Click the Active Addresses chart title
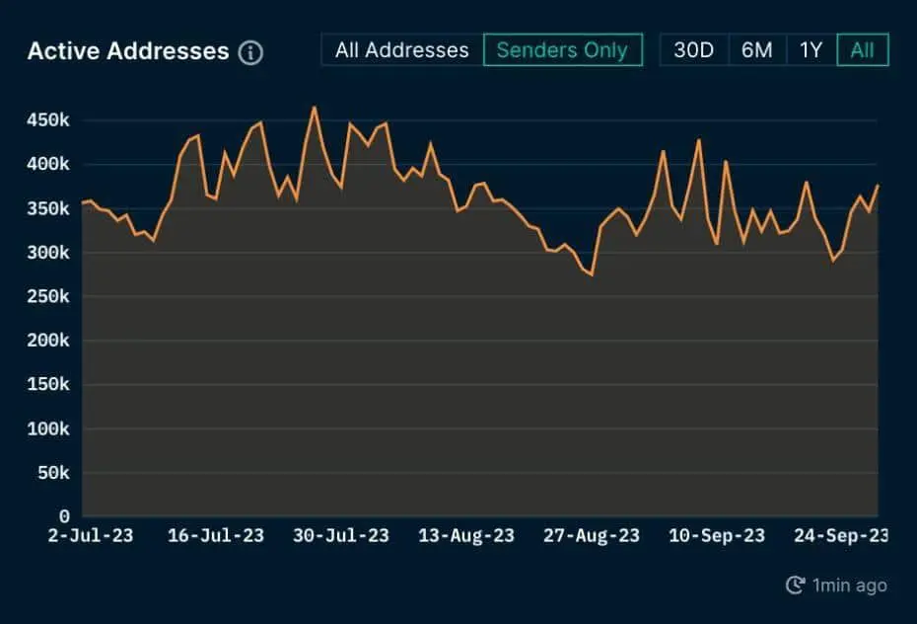click(x=127, y=51)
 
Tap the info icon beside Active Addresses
click(x=251, y=52)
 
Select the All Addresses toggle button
click(x=401, y=50)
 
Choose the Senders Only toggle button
click(x=562, y=50)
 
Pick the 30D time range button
click(x=693, y=50)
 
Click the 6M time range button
click(x=757, y=50)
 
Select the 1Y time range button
click(x=811, y=50)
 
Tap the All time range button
click(x=862, y=50)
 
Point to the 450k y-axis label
click(x=48, y=120)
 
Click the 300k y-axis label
click(x=48, y=253)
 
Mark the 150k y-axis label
click(x=48, y=385)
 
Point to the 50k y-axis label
click(x=53, y=473)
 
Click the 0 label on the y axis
click(x=64, y=516)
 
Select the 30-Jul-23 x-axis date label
click(x=341, y=536)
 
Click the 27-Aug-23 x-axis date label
click(x=592, y=536)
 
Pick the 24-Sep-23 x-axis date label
click(x=841, y=536)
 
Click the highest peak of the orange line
click(x=314, y=108)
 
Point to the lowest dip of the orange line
click(x=592, y=274)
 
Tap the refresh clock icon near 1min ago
click(x=795, y=585)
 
